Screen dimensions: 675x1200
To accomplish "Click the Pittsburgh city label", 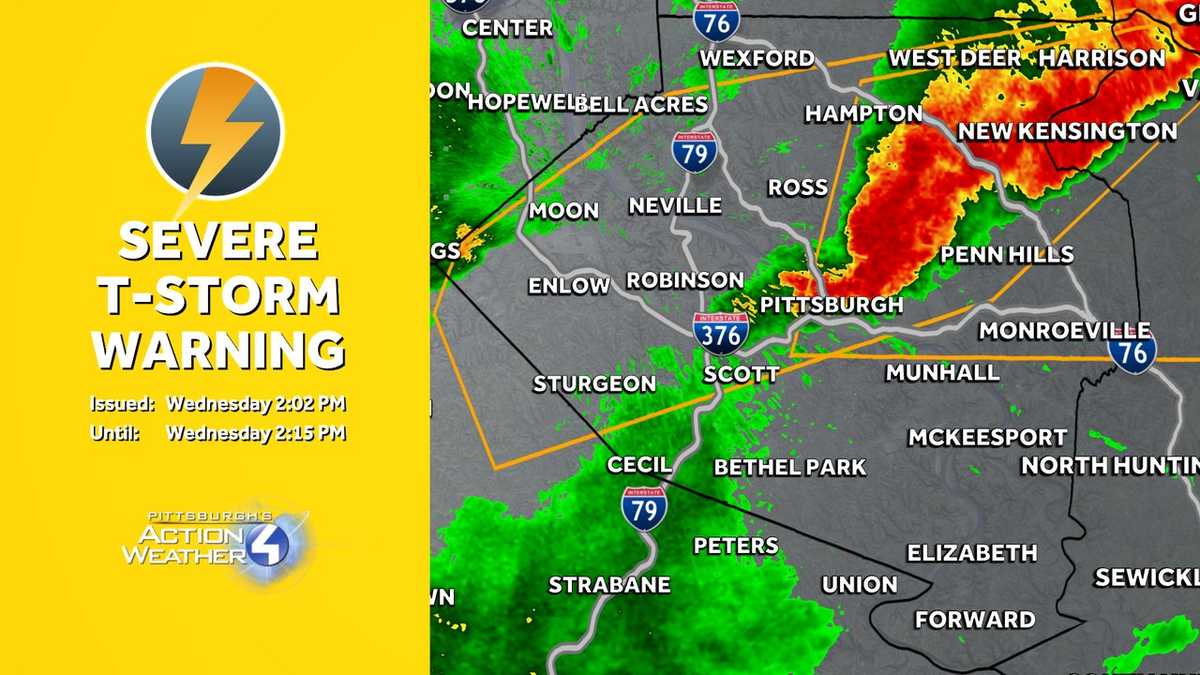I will click(831, 305).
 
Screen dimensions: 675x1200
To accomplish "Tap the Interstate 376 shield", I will click(721, 333).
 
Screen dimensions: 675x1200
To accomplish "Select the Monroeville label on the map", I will click(1064, 330).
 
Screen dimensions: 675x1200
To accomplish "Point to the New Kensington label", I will click(1067, 131).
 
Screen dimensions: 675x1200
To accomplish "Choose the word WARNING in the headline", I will click(219, 350).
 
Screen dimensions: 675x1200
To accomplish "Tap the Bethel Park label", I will click(790, 467).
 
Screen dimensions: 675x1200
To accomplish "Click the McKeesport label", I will click(987, 438).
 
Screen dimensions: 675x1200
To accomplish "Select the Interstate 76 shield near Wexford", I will click(716, 20).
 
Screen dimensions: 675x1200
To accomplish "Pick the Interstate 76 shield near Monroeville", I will click(1132, 351).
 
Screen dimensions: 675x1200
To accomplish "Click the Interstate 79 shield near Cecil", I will click(644, 508).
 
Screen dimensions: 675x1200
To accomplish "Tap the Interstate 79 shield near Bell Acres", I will click(694, 151).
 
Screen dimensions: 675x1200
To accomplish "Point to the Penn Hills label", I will click(1006, 254).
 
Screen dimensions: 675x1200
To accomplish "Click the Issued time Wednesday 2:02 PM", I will click(256, 405).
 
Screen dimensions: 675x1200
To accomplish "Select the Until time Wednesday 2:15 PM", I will click(256, 433).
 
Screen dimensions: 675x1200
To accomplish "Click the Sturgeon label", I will click(594, 384).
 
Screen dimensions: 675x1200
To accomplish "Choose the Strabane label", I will click(608, 585).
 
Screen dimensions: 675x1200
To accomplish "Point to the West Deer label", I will click(954, 58).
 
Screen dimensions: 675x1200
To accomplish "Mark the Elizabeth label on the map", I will click(971, 553).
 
